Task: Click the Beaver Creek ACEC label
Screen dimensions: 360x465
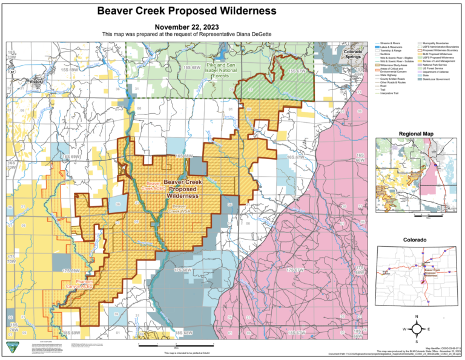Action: (154, 186)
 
